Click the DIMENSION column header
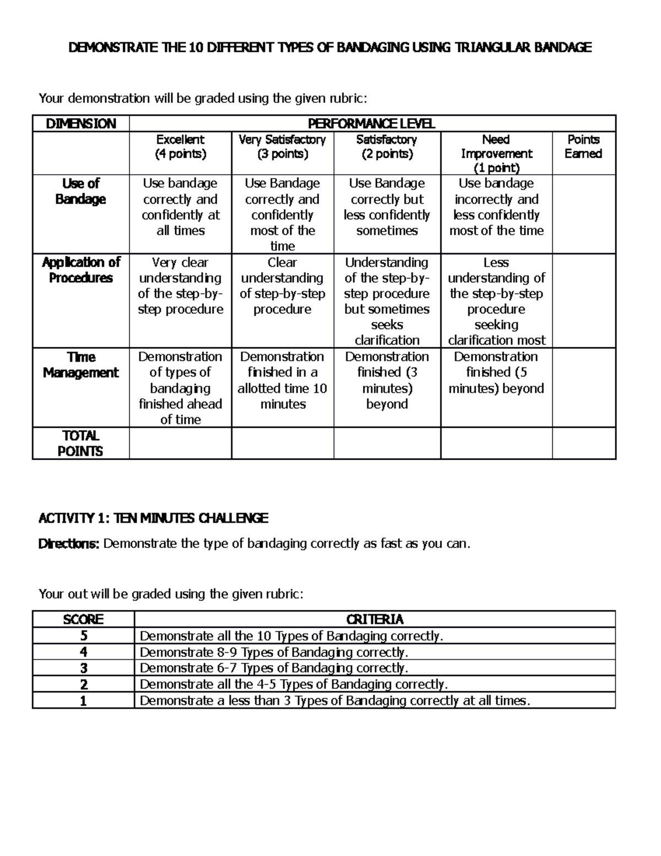click(80, 123)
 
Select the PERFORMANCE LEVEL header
click(372, 123)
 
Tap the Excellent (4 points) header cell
click(180, 147)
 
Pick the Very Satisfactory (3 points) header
click(282, 147)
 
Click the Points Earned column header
click(583, 147)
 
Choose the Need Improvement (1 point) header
click(496, 154)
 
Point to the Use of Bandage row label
click(80, 191)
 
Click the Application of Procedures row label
click(80, 270)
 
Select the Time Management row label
click(80, 365)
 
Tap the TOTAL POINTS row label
click(80, 444)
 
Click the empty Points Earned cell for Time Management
click(584, 387)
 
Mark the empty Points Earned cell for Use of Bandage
click(584, 214)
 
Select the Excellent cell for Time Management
click(180, 388)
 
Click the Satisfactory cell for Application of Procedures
click(387, 301)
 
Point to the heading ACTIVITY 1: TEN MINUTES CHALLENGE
click(153, 518)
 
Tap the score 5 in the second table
click(84, 636)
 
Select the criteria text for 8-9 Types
click(274, 653)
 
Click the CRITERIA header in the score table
click(375, 620)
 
